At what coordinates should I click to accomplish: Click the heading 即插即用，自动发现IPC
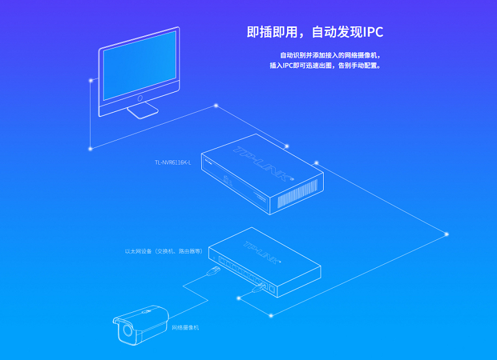pyautogui.click(x=315, y=32)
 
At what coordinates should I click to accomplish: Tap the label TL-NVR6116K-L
pyautogui.click(x=173, y=163)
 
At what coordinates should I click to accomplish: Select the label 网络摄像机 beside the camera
pyautogui.click(x=185, y=328)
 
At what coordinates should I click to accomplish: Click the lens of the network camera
pyautogui.click(x=127, y=330)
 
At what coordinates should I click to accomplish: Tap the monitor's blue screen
pyautogui.click(x=139, y=65)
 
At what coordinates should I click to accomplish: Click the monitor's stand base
pyautogui.click(x=143, y=111)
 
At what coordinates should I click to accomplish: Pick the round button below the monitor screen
pyautogui.click(x=140, y=98)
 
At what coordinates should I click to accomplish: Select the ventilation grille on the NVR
pyautogui.click(x=297, y=193)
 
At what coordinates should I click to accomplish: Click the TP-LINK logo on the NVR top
pyautogui.click(x=263, y=164)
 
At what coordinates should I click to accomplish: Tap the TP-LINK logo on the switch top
pyautogui.click(x=262, y=252)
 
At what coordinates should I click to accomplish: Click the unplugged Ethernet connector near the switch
pyautogui.click(x=213, y=271)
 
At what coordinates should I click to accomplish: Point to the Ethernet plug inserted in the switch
pyautogui.click(x=259, y=288)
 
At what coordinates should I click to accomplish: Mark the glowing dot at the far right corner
pyautogui.click(x=447, y=234)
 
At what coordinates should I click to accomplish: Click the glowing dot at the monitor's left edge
pyautogui.click(x=91, y=80)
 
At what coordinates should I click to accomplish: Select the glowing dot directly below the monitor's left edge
pyautogui.click(x=90, y=149)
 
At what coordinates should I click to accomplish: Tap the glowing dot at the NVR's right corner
pyautogui.click(x=316, y=163)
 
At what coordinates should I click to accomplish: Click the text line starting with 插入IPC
pyautogui.click(x=325, y=65)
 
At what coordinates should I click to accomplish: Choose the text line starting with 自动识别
pyautogui.click(x=331, y=55)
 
